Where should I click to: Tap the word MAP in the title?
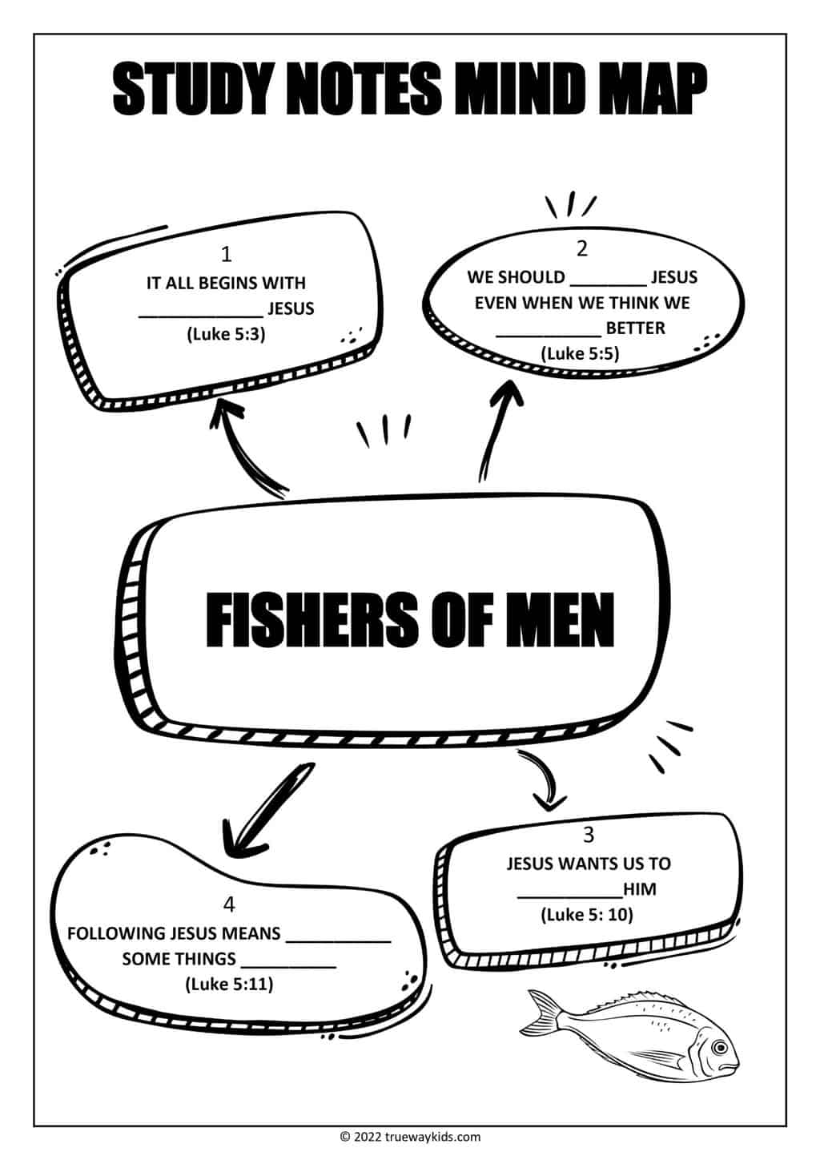coord(653,89)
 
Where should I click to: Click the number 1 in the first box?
coord(226,254)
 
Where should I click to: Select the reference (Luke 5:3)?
coord(226,334)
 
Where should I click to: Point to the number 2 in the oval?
coord(582,249)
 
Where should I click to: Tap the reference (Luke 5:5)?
coord(580,354)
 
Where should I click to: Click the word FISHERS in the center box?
coord(312,620)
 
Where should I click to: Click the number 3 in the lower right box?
coord(588,836)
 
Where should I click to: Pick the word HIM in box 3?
coord(640,889)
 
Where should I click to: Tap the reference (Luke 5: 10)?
coord(587,915)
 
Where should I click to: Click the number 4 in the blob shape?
coord(229,904)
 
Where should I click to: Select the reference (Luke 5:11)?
coord(229,984)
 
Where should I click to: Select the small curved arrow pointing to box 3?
coord(545,781)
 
